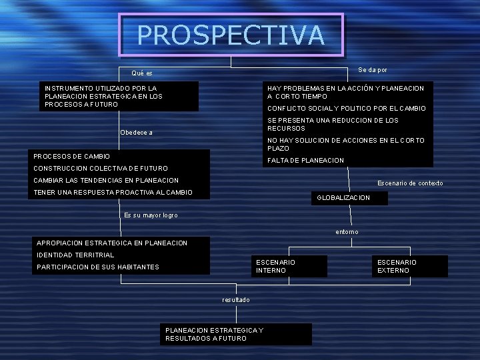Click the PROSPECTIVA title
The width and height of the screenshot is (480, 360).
pos(231,35)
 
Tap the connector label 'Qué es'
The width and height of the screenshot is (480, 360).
pos(142,73)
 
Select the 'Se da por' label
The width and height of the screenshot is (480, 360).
pos(373,70)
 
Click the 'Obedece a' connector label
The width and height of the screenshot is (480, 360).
pos(136,133)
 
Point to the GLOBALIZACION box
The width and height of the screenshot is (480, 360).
pos(343,198)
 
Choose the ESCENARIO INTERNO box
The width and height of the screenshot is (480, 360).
pos(275,266)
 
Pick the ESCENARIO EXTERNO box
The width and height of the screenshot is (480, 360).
pos(397,266)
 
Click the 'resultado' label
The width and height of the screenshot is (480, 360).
pos(236,300)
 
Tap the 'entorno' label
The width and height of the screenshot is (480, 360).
pos(347,232)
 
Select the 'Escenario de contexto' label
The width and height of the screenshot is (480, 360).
pos(410,183)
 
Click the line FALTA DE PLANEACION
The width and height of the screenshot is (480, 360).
pos(305,161)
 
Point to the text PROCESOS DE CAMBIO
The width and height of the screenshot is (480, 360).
pos(71,156)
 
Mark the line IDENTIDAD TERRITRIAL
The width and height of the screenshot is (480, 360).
pos(75,255)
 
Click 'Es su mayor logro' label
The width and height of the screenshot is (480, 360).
pos(151,215)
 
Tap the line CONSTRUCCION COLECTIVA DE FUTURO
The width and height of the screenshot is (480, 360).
pos(101,169)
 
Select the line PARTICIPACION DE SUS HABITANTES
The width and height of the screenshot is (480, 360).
pos(98,267)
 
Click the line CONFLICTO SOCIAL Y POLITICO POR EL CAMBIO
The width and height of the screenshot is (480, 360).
pos(346,109)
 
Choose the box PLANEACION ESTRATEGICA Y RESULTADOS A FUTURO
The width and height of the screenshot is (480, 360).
pos(214,334)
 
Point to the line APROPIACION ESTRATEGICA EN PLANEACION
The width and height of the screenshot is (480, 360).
pos(112,243)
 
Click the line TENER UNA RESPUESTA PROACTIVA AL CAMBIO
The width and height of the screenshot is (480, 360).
pos(113,193)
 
